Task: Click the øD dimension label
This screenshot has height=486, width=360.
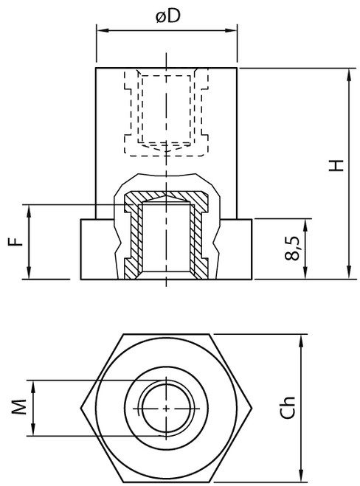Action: [167, 16]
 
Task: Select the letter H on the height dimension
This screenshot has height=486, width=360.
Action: [336, 167]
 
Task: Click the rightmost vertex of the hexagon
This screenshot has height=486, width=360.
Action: [255, 407]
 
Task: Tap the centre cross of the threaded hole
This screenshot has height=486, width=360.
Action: [167, 407]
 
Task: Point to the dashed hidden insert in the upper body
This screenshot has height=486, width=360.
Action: [167, 111]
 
